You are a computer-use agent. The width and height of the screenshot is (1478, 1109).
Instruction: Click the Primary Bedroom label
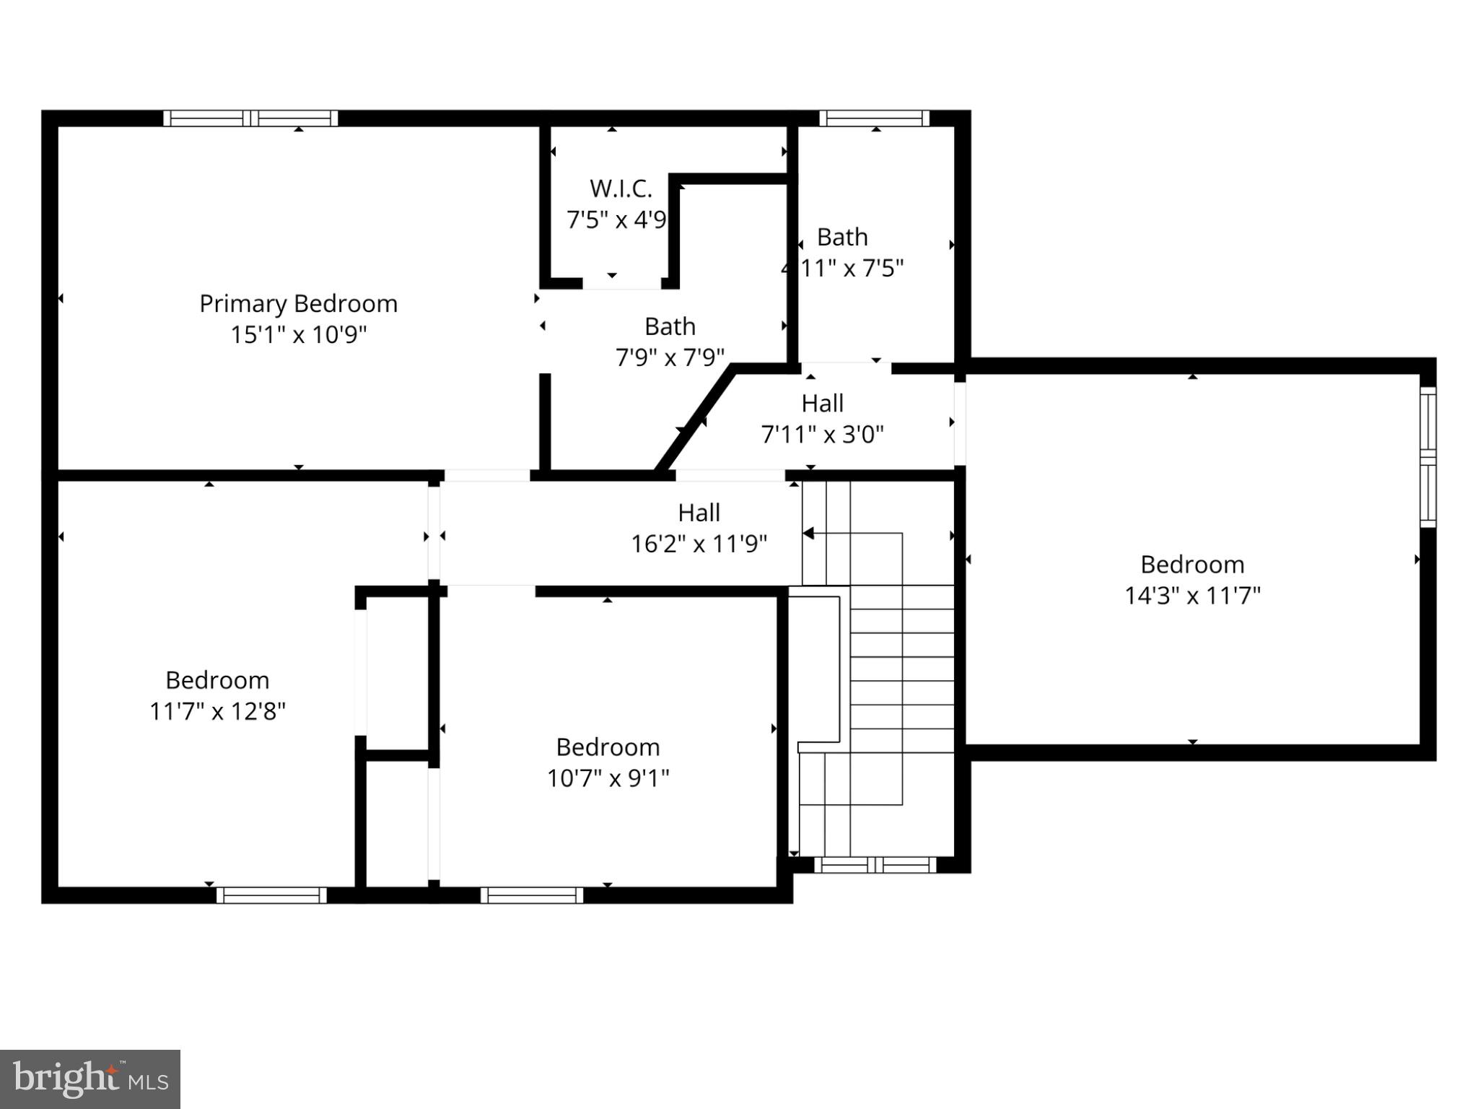coord(298,304)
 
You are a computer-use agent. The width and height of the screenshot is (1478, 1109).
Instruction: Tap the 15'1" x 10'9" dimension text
coord(298,335)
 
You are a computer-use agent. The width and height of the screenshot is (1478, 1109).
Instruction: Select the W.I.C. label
coord(621,189)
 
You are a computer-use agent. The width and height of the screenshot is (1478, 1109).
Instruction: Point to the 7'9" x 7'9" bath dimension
coord(670,357)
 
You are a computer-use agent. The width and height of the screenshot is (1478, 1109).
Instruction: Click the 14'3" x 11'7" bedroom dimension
coord(1192,596)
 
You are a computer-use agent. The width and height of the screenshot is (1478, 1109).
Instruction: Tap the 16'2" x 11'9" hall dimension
coord(699,544)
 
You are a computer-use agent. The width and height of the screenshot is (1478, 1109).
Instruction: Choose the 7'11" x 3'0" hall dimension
coord(822,435)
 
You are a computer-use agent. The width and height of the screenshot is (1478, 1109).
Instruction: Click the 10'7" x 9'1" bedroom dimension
coord(608,778)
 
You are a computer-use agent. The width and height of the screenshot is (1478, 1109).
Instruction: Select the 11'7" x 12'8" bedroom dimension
coord(217,712)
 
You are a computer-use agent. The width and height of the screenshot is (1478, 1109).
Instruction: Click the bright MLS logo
coord(90,1079)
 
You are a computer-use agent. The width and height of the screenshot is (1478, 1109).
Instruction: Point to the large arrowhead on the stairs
coord(808,534)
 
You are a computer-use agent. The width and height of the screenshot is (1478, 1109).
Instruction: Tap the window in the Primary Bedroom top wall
coord(250,118)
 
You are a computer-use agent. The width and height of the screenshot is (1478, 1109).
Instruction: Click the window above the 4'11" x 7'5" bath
coord(874,118)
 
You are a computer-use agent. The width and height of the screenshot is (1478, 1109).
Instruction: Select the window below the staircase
coord(875,865)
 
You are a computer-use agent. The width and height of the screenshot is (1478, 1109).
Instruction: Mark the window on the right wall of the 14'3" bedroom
coord(1427,457)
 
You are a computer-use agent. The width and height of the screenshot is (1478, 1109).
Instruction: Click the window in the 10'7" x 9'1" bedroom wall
coord(532,895)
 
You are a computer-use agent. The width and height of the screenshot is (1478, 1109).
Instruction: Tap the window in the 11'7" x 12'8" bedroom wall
coord(271,895)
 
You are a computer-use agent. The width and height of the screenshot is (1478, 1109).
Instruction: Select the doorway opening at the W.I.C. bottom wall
coord(621,284)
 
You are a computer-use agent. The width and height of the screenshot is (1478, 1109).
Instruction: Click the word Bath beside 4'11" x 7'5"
coord(841,238)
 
